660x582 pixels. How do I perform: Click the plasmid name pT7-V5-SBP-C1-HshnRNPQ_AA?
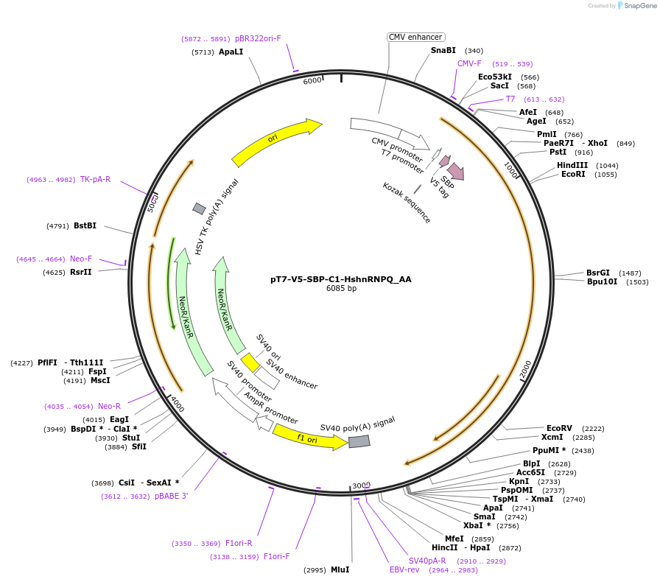341,279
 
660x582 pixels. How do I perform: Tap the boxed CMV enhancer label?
415,37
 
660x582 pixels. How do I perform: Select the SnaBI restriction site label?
443,51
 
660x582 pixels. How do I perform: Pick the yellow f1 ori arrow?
308,438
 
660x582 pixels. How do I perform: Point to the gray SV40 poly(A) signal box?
359,441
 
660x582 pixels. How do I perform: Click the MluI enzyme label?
340,569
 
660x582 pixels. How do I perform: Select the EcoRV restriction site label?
559,428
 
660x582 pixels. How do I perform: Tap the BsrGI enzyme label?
598,273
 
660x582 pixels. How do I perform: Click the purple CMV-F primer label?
469,63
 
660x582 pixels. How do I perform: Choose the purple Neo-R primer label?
109,406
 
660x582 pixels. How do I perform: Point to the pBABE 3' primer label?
171,496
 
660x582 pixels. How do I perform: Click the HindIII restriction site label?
572,165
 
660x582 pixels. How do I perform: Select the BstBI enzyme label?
85,225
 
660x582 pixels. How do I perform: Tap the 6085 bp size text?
341,289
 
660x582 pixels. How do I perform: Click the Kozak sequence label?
407,203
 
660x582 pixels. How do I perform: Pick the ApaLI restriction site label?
231,52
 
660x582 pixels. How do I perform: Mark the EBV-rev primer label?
404,569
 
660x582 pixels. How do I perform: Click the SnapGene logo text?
637,6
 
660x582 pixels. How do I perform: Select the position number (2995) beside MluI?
315,569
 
